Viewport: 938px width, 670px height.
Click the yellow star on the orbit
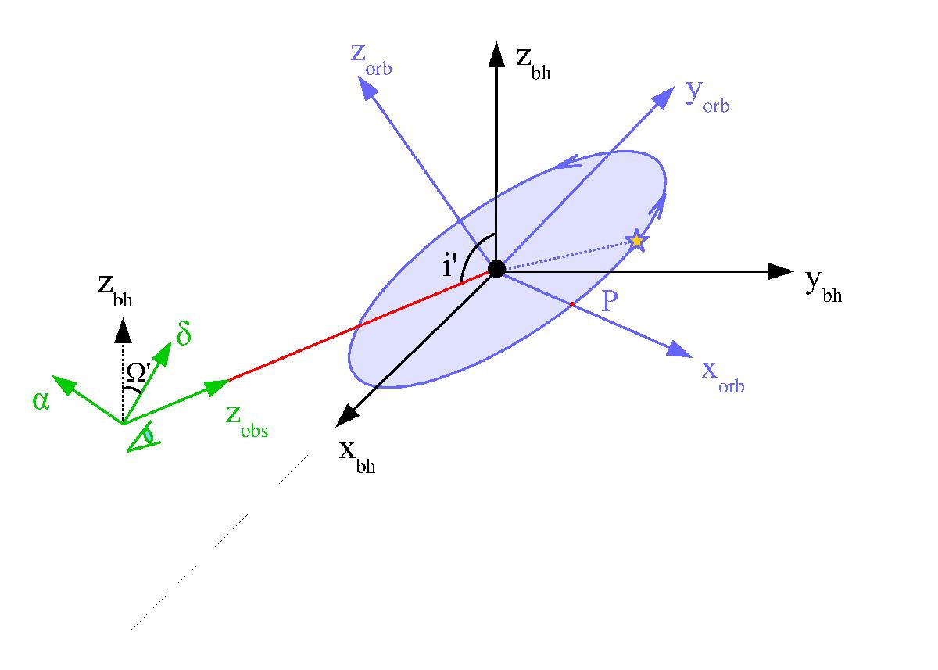tap(636, 240)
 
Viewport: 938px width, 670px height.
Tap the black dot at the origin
tap(496, 268)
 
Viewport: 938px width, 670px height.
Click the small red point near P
tap(572, 304)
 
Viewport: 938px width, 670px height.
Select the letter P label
tap(609, 300)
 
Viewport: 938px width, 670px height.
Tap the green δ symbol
tap(184, 333)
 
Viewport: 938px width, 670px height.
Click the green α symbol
tap(41, 401)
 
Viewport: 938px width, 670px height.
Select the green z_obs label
tap(247, 422)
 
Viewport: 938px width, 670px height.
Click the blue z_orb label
tap(371, 60)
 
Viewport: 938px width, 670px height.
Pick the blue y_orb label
tap(707, 96)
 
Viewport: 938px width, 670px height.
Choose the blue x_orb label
tap(723, 377)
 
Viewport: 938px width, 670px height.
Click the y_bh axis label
tap(823, 286)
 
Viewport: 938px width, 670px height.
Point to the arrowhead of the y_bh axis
tap(781, 271)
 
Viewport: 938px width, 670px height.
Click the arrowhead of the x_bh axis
tap(347, 417)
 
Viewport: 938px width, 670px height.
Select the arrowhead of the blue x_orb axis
tap(679, 349)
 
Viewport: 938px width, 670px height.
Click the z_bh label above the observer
tap(116, 291)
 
